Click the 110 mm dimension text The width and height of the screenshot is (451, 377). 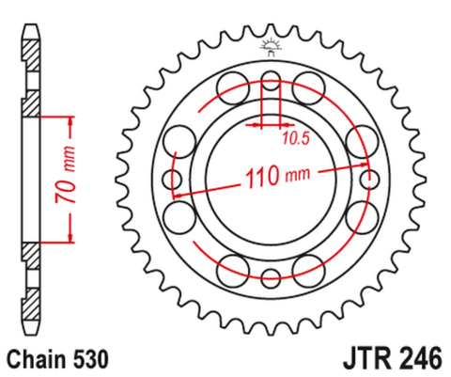[x=276, y=175]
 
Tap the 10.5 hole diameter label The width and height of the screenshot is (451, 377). [x=295, y=138]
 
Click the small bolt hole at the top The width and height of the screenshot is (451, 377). [x=271, y=77]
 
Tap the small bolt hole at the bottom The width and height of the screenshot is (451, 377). [x=271, y=277]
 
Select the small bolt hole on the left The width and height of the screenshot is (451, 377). [x=171, y=178]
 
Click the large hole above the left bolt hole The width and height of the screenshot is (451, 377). [x=176, y=139]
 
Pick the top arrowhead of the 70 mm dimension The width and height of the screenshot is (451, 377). [x=70, y=120]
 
